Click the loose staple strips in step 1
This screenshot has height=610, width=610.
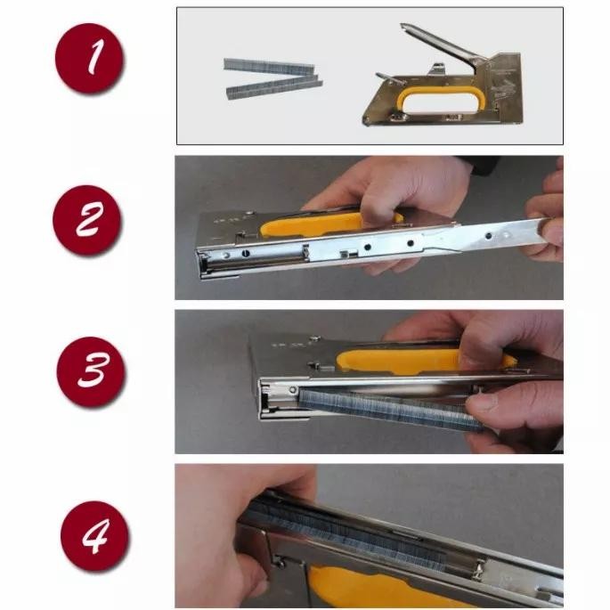(272, 75)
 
